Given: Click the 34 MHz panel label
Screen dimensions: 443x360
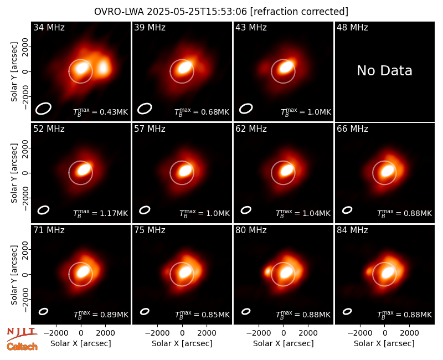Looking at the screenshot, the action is (49, 27).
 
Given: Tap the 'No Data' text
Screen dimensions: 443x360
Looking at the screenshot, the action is (384, 70).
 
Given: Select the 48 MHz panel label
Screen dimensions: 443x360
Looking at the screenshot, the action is (352, 27).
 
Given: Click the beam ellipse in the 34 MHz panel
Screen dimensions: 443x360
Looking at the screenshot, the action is (43, 109).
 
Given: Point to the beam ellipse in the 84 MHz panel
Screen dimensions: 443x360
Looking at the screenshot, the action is (347, 311).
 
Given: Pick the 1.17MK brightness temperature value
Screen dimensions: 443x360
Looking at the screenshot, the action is (114, 213).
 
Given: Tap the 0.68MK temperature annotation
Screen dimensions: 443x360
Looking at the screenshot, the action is (215, 112).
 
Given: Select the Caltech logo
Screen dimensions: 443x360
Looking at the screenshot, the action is (22, 347).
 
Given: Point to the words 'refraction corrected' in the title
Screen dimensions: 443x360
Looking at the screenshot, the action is (299, 12).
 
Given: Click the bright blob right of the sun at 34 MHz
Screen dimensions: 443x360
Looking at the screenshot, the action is (104, 68).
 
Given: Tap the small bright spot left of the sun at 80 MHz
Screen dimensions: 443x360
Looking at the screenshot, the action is (267, 272).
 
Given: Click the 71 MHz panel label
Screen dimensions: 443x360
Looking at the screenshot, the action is (49, 230).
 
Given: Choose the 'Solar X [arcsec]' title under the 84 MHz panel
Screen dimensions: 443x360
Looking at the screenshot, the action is (384, 343).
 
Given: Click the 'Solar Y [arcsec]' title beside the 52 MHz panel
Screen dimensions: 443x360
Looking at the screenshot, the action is (14, 173).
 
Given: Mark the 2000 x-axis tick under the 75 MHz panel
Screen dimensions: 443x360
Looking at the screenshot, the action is (207, 333).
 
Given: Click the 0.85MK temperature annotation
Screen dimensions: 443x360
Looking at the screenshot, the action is (215, 315).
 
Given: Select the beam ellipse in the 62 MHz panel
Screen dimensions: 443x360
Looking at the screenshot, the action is (246, 210).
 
